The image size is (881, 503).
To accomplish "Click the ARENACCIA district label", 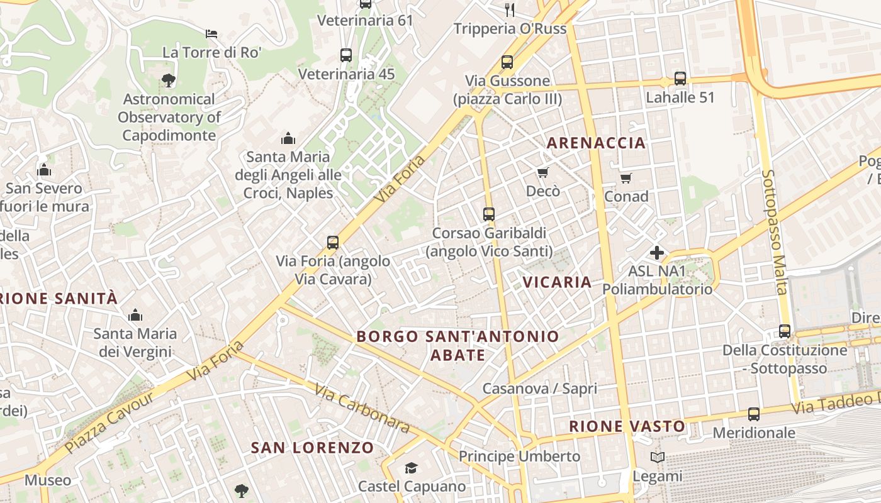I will tap(596, 143).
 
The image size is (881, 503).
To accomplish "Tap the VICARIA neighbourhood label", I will tap(557, 282).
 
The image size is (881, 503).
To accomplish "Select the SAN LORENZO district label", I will tap(312, 448).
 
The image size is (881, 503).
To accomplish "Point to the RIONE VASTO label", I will tap(627, 426).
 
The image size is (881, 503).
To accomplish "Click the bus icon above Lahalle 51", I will tap(680, 79).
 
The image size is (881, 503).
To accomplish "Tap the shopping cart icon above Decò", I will tap(542, 172).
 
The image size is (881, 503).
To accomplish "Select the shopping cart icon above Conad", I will tap(626, 179).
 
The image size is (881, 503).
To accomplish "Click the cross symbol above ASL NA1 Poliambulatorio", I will tap(657, 253).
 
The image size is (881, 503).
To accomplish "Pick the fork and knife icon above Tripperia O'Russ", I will tap(510, 9).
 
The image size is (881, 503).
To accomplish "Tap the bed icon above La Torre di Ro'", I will tap(211, 33).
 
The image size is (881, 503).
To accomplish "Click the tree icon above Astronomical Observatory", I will tap(168, 80).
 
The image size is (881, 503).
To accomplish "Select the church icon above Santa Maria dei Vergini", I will tap(135, 315).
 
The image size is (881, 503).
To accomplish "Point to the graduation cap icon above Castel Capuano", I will tap(411, 468).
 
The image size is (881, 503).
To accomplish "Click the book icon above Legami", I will tap(658, 458).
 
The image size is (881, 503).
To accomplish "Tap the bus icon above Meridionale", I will tap(754, 414).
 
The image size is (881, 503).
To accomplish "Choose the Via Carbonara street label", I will tap(362, 409).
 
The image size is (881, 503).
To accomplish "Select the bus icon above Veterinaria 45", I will tap(346, 55).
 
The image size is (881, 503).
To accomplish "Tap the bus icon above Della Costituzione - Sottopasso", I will tap(785, 331).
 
